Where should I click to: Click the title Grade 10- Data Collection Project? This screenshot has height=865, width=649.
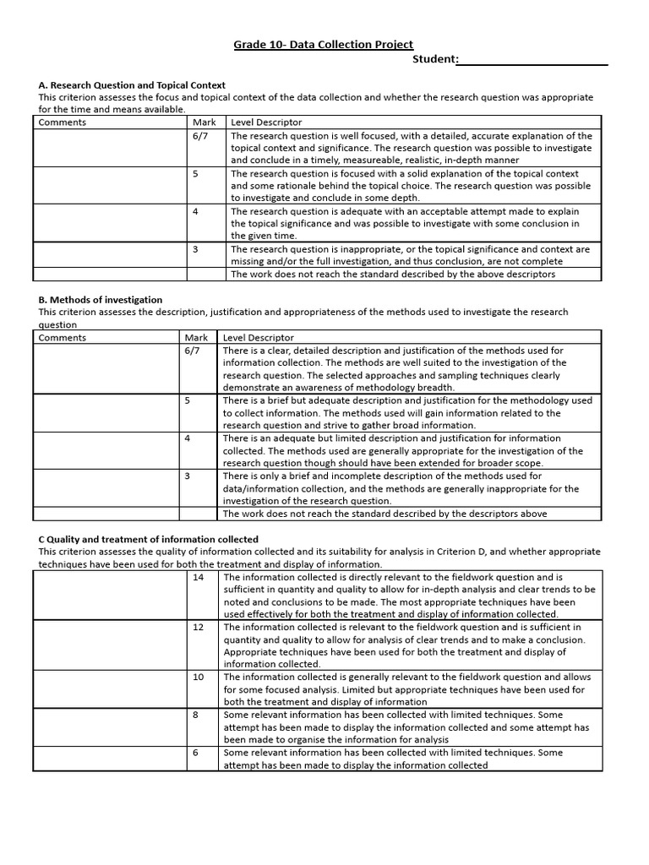pyautogui.click(x=324, y=45)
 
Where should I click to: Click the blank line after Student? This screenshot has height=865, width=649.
pyautogui.click(x=532, y=60)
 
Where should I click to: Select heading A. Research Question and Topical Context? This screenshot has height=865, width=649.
pyautogui.click(x=132, y=84)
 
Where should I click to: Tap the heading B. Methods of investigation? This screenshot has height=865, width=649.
pyautogui.click(x=101, y=300)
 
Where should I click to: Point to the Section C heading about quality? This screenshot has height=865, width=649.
pyautogui.click(x=149, y=539)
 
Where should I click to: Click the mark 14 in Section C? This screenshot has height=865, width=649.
pyautogui.click(x=199, y=577)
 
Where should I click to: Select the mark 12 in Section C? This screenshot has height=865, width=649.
pyautogui.click(x=199, y=628)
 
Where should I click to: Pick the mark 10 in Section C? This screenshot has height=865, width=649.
pyautogui.click(x=199, y=677)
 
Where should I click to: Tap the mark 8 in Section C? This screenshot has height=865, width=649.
pyautogui.click(x=195, y=715)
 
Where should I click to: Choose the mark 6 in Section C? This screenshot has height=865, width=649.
pyautogui.click(x=195, y=753)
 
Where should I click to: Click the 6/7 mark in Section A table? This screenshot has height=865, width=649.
pyautogui.click(x=199, y=135)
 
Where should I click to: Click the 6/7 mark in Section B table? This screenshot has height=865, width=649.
pyautogui.click(x=192, y=351)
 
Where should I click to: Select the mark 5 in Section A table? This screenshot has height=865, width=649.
pyautogui.click(x=195, y=173)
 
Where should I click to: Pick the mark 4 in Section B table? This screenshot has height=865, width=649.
pyautogui.click(x=188, y=438)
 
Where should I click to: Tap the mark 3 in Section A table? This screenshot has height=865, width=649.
pyautogui.click(x=195, y=249)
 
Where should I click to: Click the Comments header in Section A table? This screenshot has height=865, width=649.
pyautogui.click(x=63, y=122)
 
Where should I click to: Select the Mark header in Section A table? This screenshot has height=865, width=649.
pyautogui.click(x=205, y=122)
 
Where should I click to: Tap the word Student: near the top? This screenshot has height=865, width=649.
pyautogui.click(x=435, y=59)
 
